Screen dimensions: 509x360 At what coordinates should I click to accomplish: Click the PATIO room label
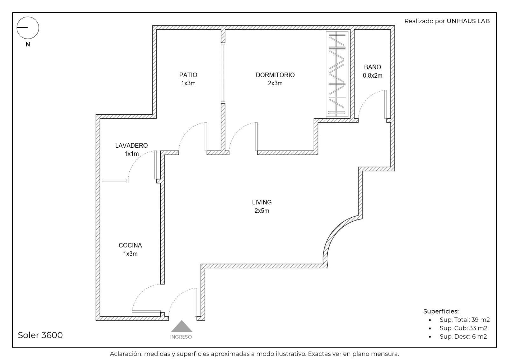pyautogui.click(x=188, y=75)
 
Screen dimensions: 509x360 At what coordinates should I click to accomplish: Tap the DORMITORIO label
pyautogui.click(x=275, y=75)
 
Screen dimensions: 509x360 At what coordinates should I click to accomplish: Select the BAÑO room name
pyautogui.click(x=373, y=67)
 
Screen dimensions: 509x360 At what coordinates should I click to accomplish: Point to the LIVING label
pyautogui.click(x=262, y=202)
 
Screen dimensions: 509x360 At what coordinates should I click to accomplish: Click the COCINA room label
pyautogui.click(x=130, y=245)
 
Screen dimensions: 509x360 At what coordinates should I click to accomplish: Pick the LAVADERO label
pyautogui.click(x=131, y=145)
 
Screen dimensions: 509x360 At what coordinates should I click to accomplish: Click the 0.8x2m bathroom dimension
pyautogui.click(x=373, y=75)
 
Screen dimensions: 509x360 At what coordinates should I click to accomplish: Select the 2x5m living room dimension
pyautogui.click(x=262, y=211)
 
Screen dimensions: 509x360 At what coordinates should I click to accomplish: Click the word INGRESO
pyautogui.click(x=181, y=337)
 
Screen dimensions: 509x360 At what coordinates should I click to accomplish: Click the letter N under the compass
pyautogui.click(x=28, y=44)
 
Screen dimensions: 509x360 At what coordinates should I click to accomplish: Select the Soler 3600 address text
pyautogui.click(x=40, y=335)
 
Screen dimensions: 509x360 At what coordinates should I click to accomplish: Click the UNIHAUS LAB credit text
pyautogui.click(x=468, y=21)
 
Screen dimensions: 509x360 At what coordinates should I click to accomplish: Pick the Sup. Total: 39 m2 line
pyautogui.click(x=464, y=320)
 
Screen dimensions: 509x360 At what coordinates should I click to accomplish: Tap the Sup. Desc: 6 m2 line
pyautogui.click(x=463, y=336)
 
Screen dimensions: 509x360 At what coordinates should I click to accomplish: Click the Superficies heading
pyautogui.click(x=441, y=311)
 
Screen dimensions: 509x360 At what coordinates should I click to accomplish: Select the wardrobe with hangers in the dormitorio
pyautogui.click(x=337, y=74)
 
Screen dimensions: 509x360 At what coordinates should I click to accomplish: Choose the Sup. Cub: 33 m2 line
pyautogui.click(x=463, y=328)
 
